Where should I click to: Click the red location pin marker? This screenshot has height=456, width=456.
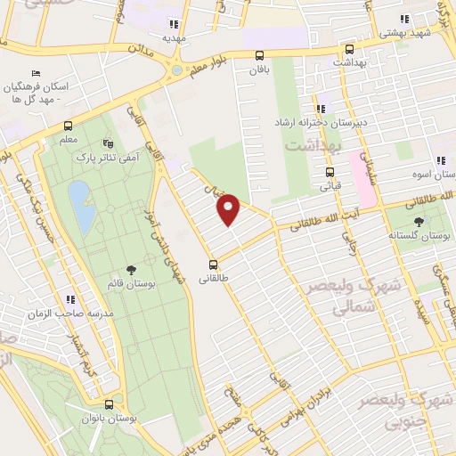[229, 209]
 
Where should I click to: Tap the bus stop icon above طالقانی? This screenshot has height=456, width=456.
[213, 265]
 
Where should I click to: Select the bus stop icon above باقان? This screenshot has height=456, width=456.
[259, 55]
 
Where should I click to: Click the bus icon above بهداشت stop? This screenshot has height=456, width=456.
[348, 50]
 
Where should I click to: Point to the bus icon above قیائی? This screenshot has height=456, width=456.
[330, 173]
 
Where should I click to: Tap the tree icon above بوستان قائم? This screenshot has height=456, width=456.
[132, 268]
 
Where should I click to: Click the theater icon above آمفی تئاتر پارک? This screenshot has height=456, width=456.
[109, 142]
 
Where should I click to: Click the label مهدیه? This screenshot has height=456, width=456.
[174, 39]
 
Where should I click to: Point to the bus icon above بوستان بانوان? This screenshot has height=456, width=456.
[107, 403]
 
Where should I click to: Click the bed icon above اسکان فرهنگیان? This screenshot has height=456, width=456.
[35, 73]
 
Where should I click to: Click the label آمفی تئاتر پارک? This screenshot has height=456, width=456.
[118, 157]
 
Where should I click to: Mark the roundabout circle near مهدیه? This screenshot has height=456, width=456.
[177, 69]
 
